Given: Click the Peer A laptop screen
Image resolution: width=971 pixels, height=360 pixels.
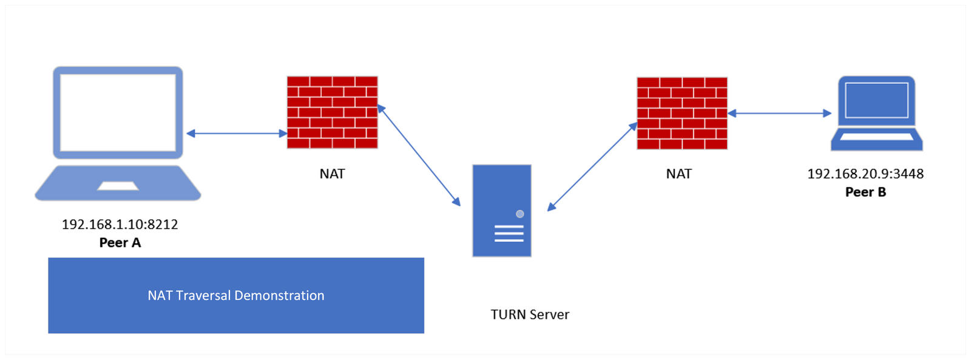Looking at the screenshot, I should [x=118, y=112].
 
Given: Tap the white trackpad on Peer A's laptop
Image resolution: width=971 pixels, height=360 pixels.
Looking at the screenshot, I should [x=118, y=185].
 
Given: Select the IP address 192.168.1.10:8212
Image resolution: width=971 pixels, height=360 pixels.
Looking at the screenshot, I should [x=120, y=224].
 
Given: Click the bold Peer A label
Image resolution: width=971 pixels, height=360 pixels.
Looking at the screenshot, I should [x=120, y=243].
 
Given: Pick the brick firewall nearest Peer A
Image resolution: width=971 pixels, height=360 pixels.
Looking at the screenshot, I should [x=332, y=112].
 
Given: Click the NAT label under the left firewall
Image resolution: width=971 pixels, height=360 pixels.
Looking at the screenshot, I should [x=332, y=174].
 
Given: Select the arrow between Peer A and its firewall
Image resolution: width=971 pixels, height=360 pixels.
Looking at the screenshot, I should [x=237, y=134].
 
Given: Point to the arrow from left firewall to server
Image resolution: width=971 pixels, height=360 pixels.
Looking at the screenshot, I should [x=419, y=155].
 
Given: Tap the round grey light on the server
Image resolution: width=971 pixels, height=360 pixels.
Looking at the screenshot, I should [x=519, y=214].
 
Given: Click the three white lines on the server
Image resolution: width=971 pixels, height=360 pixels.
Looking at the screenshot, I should [x=509, y=234].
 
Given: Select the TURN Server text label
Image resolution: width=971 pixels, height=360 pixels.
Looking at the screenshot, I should [x=530, y=314].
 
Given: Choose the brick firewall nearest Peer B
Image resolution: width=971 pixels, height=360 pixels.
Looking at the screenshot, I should [x=682, y=113].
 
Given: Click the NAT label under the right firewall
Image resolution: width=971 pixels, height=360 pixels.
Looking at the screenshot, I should [x=678, y=174].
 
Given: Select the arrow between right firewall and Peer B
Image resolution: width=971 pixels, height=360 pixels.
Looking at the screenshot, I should [x=779, y=113].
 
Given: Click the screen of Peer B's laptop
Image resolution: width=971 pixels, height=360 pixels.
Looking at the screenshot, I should [x=876, y=100].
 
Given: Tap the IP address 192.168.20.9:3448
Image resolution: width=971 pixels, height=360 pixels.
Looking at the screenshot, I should [x=865, y=174].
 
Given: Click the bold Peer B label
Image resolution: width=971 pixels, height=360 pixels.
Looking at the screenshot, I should [x=865, y=192].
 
